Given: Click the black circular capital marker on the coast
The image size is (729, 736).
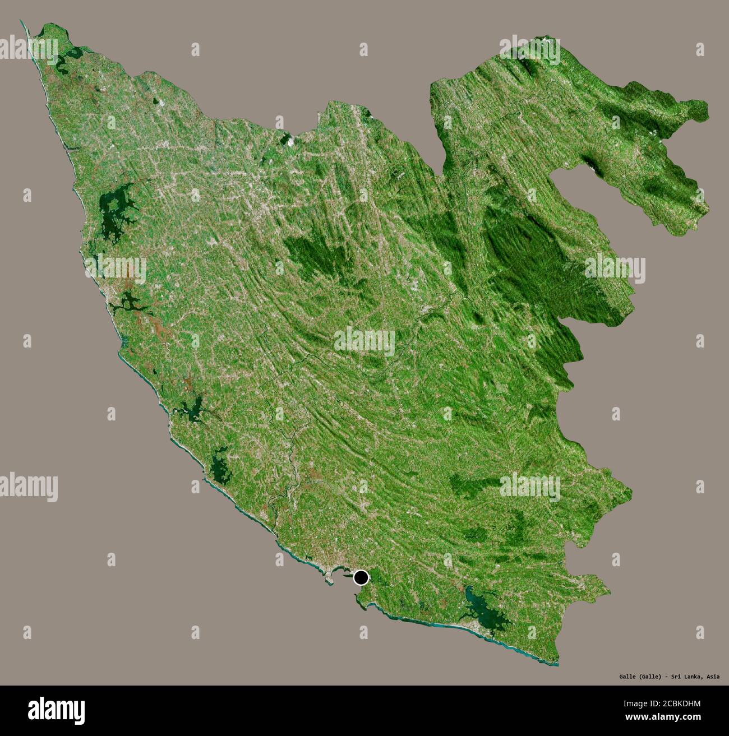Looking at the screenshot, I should [x=362, y=577].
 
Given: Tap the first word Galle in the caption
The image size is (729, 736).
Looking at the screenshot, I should [x=621, y=677].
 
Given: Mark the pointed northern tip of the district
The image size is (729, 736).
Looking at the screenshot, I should [x=22, y=24].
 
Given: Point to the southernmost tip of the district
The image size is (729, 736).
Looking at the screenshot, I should [x=555, y=664].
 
